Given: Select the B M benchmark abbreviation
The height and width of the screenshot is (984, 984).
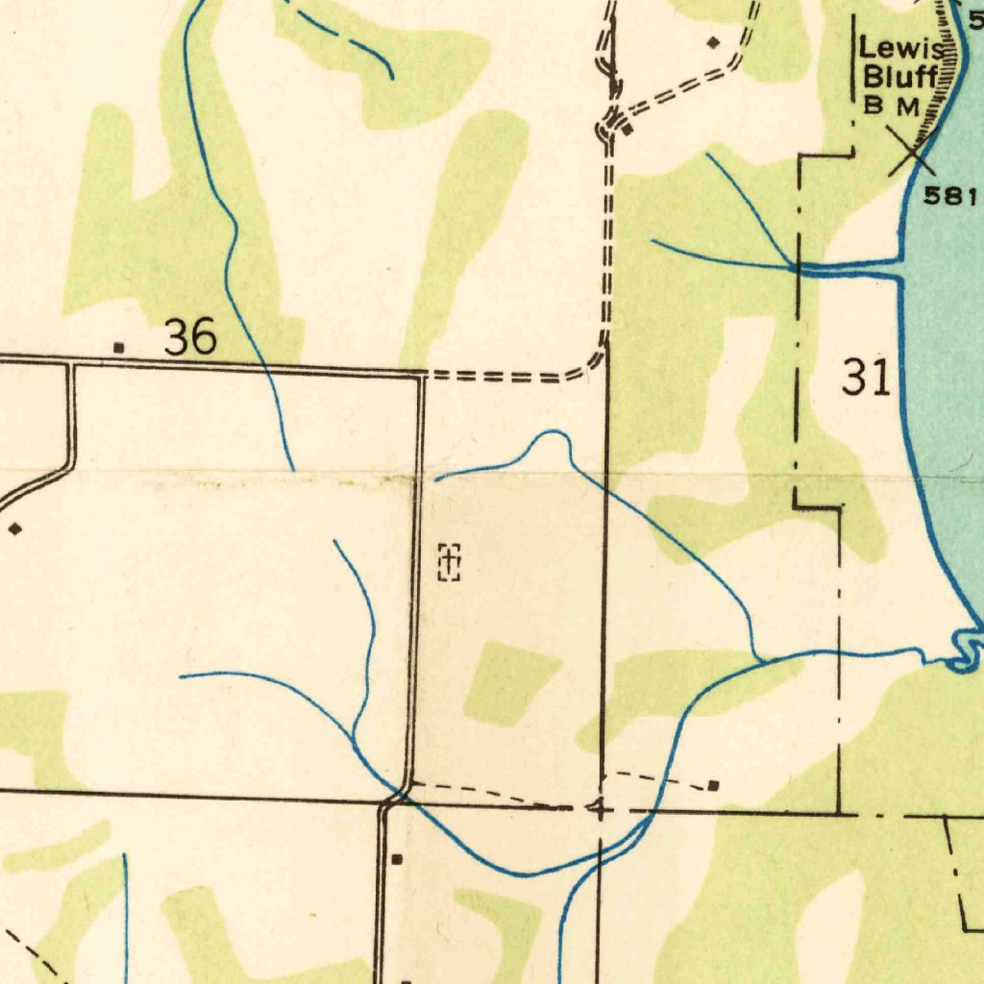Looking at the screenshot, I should [x=893, y=105].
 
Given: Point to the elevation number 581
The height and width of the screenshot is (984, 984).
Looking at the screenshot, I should [x=950, y=197].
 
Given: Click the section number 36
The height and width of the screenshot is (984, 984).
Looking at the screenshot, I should [x=189, y=338].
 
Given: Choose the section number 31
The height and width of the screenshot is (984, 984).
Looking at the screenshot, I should [x=866, y=378].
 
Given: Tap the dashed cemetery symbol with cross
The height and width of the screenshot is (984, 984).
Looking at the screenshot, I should [x=450, y=561].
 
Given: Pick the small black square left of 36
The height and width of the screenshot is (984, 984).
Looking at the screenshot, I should [x=118, y=347].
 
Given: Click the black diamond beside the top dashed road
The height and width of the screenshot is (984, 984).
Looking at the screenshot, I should [x=712, y=42].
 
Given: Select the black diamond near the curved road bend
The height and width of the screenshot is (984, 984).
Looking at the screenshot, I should [x=14, y=529].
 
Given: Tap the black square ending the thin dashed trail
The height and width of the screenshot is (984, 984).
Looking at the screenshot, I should [x=713, y=786].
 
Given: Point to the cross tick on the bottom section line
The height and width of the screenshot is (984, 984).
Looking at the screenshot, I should [x=600, y=810].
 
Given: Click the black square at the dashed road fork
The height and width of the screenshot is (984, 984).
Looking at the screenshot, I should [x=626, y=130].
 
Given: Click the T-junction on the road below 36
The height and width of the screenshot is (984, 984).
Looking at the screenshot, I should [x=70, y=364].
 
